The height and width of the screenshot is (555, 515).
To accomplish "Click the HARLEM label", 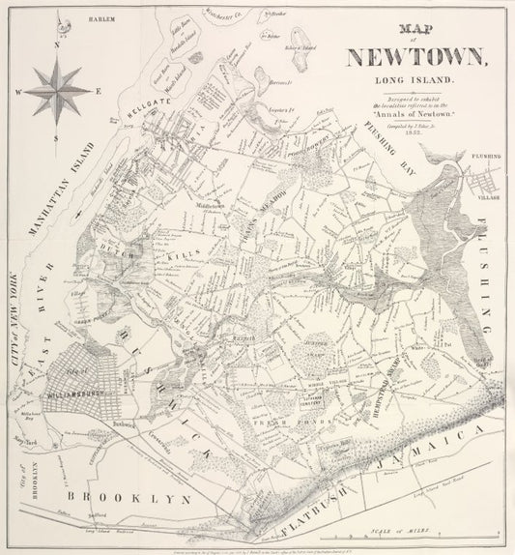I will [x=100, y=18].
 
